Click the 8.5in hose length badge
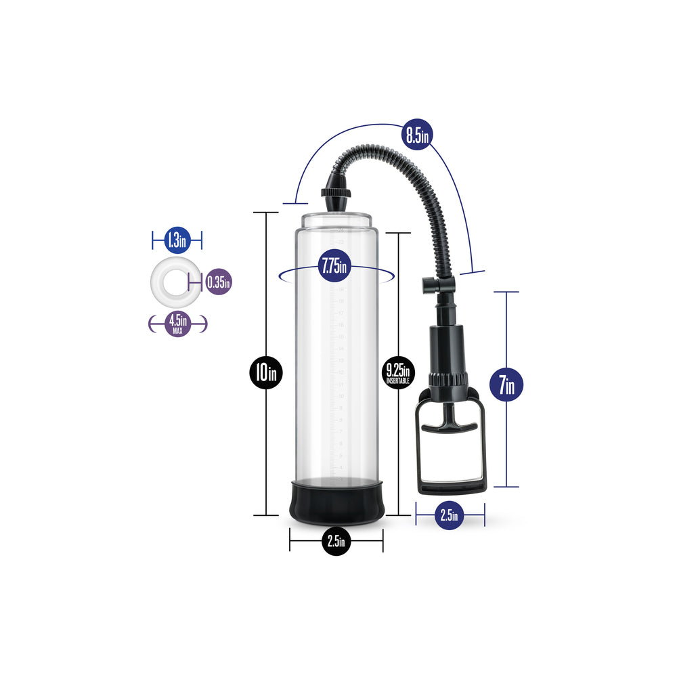(416, 134)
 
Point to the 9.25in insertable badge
(398, 372)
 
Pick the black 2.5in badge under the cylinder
(336, 541)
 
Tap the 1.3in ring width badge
(177, 239)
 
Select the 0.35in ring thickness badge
(218, 281)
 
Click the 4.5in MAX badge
(177, 324)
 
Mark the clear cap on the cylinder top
(336, 220)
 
